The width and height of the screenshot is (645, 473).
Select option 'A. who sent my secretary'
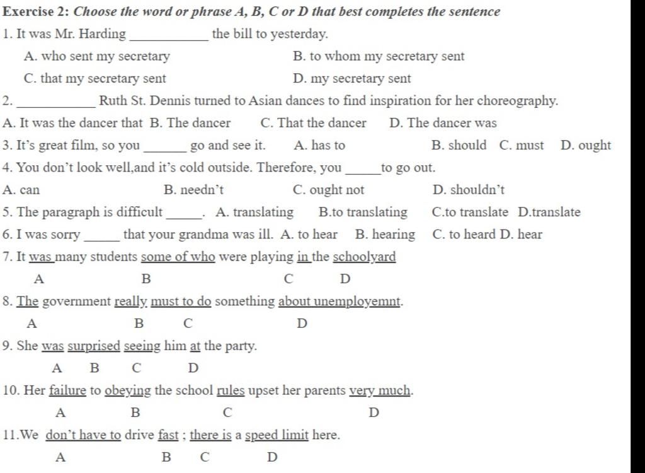96,56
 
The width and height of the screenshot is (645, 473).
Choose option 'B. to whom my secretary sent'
379,56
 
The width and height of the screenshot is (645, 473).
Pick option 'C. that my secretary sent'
94,79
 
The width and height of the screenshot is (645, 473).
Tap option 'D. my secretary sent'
352,79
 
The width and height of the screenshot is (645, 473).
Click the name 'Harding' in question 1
105,34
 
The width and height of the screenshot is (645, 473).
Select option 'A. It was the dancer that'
72,123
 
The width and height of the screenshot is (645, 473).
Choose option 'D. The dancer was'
443,123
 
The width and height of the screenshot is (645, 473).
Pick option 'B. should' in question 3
459,146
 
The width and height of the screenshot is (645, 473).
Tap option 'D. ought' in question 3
585,146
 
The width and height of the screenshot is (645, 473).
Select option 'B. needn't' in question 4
193,190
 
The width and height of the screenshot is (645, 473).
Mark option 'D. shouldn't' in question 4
469,190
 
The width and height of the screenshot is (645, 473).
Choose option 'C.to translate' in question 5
470,213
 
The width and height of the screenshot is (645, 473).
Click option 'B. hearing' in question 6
385,235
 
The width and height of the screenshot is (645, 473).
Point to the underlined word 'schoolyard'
364,257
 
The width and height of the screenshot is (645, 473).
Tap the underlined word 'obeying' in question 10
128,391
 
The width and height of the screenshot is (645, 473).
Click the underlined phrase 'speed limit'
277,435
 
